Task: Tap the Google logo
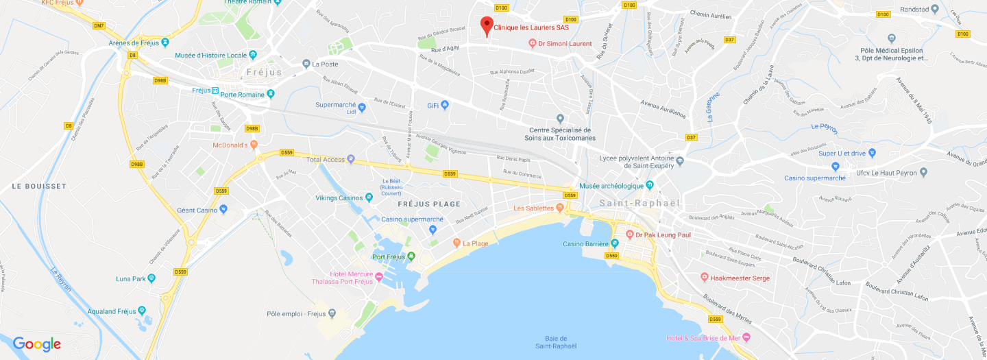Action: tap(37, 344)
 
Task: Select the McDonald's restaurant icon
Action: tap(254, 145)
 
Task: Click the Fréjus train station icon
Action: tap(215, 91)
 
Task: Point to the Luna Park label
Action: tap(132, 278)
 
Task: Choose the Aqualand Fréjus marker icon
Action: tap(142, 311)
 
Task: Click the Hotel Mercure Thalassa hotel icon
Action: tap(378, 276)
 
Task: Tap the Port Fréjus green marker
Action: tap(411, 257)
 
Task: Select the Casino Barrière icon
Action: tap(615, 243)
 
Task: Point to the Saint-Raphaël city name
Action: tap(639, 203)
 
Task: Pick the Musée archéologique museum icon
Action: tap(650, 185)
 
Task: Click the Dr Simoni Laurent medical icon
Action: tap(533, 43)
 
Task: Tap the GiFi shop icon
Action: tap(445, 105)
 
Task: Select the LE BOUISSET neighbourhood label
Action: tap(39, 186)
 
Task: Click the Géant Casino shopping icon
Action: tap(223, 209)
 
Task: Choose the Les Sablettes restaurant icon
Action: tap(560, 208)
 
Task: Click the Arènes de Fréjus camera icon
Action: tap(164, 43)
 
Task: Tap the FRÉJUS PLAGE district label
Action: tap(429, 204)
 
